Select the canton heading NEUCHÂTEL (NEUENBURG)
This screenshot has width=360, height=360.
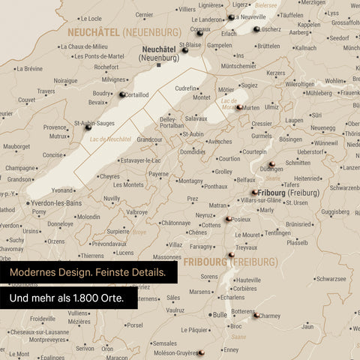124,33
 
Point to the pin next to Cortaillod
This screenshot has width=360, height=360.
121,94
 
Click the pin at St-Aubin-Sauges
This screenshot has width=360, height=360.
88,128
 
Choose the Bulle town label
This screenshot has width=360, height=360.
219,315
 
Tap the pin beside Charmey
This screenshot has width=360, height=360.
257,316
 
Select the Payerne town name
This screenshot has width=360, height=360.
158,174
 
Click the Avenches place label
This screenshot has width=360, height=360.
219,141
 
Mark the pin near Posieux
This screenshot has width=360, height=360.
228,220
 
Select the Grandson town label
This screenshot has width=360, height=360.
19,179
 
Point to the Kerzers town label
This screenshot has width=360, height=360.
275,73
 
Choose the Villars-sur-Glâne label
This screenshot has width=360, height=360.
259,202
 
